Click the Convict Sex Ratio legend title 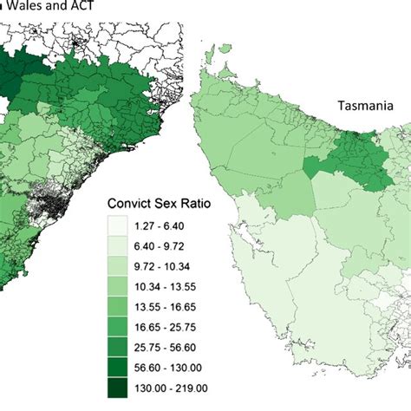coord(164,202)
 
